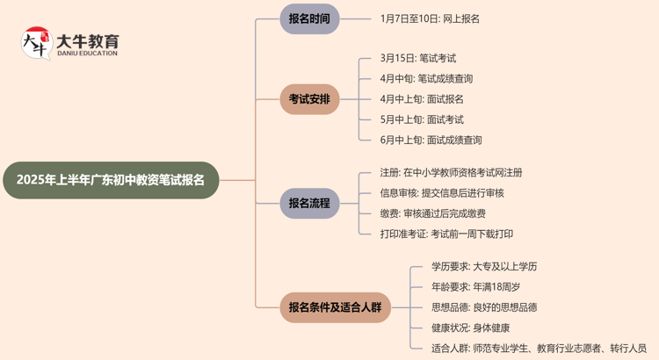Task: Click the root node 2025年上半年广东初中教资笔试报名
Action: click(111, 180)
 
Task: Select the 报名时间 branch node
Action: click(309, 18)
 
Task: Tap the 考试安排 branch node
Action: click(309, 99)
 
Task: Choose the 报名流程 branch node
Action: click(309, 204)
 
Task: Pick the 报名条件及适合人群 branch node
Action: click(335, 307)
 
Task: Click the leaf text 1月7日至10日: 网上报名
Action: click(430, 18)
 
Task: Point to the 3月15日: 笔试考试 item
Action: click(418, 59)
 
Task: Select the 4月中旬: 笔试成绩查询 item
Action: click(427, 79)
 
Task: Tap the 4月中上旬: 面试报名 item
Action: click(422, 99)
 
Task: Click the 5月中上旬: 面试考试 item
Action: click(422, 119)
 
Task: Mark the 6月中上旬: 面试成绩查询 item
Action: click(431, 140)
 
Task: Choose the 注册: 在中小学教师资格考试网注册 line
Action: click(451, 173)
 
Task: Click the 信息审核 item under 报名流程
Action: click(442, 193)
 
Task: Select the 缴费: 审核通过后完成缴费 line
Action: click(432, 213)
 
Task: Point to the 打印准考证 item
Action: click(446, 234)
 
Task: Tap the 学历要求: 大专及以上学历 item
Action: click(484, 267)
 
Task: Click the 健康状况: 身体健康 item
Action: click(470, 328)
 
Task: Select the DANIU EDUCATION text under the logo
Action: click(86, 54)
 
